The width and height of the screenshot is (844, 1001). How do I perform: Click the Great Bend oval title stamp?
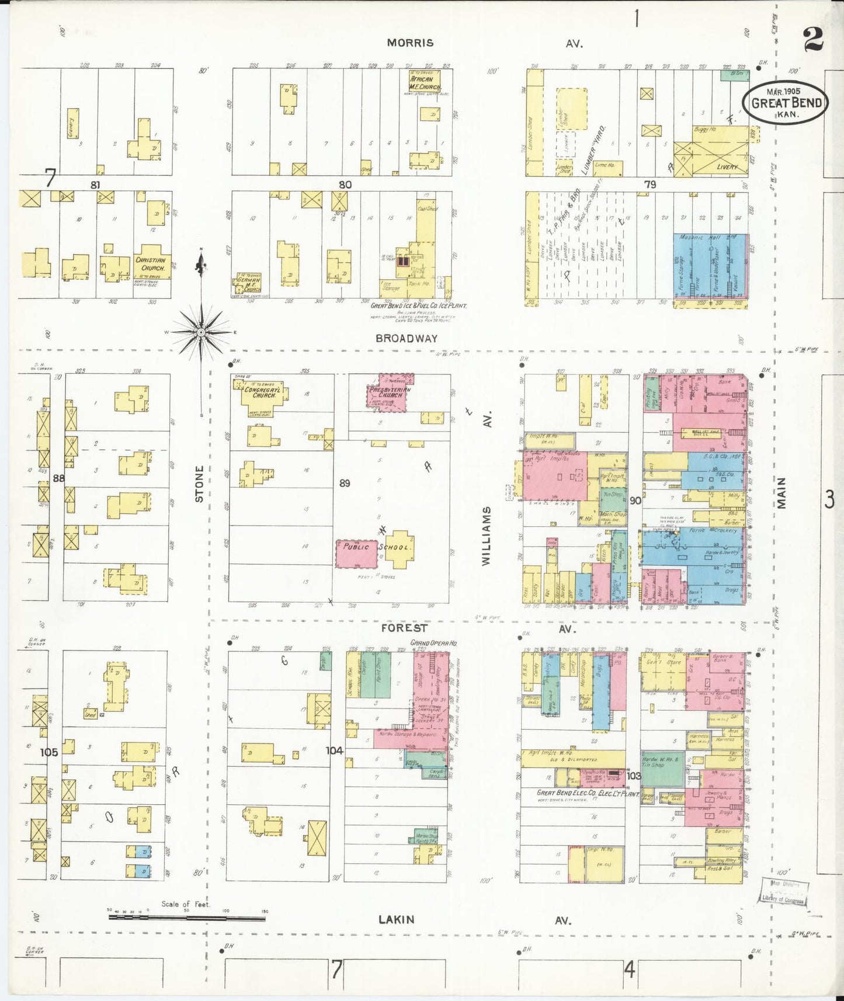pos(785,103)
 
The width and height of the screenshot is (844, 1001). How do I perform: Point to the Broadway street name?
pos(407,338)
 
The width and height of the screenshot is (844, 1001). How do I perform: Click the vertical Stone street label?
pos(200,484)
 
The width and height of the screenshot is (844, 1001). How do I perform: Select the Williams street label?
pos(487,536)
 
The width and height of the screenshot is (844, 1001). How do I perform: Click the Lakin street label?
pos(397,919)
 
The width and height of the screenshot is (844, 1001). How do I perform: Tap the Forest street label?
pos(404,628)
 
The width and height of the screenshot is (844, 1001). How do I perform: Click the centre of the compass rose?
pos(201,332)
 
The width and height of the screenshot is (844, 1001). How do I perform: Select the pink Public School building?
pos(356,554)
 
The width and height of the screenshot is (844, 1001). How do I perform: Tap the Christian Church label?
pos(151,264)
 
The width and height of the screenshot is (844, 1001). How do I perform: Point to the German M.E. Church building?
pos(248,283)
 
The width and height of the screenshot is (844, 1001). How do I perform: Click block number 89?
pos(345,483)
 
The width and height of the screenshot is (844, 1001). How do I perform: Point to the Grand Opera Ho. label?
pos(434,643)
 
